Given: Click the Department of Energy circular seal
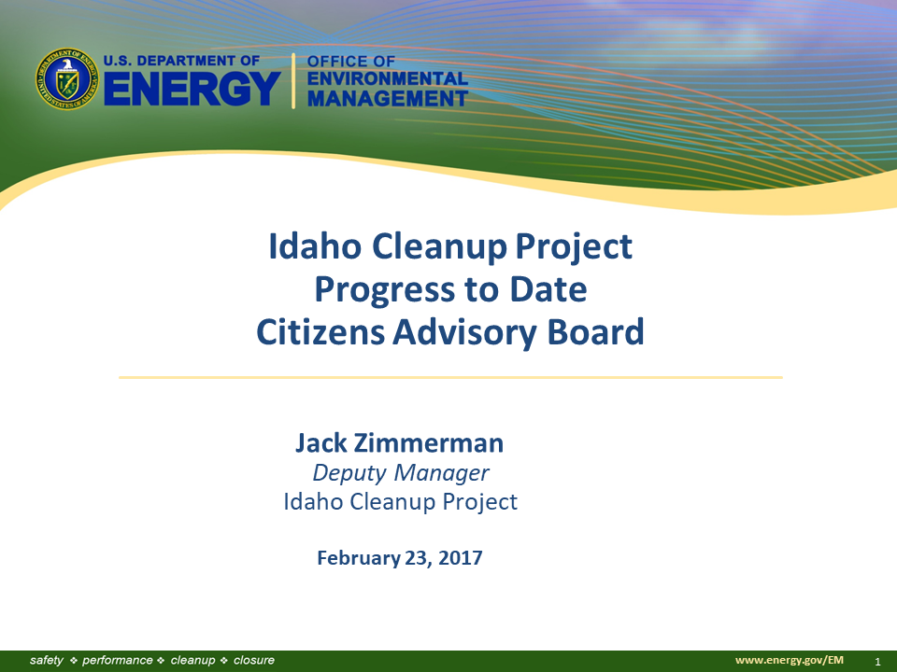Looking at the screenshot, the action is pos(67,78).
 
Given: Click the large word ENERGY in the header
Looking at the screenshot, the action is pos(192,89).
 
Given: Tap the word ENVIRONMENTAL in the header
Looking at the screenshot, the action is pos(388,78).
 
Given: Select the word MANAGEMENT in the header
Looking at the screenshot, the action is pos(388,98).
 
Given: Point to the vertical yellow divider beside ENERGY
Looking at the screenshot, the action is pos(293,80).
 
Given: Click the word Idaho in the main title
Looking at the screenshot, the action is pos(315,246).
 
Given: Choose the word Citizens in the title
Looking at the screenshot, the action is pos(320,332).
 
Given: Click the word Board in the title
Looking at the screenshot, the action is pos(595,332).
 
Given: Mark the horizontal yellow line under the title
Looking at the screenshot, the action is pos(450,377).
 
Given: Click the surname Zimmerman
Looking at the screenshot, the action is pos(429,443).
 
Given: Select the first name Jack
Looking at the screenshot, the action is pos(320,443).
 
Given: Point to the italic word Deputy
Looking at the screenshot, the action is pos(349,473).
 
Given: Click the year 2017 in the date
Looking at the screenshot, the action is pos(460,558).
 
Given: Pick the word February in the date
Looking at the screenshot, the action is pos(359,558).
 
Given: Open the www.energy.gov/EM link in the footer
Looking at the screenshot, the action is pos(789,660).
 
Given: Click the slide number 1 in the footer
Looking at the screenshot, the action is pos(877,662).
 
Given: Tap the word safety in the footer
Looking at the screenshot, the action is pos(47,661).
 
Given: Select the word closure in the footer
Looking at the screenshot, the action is pos(254,660).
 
